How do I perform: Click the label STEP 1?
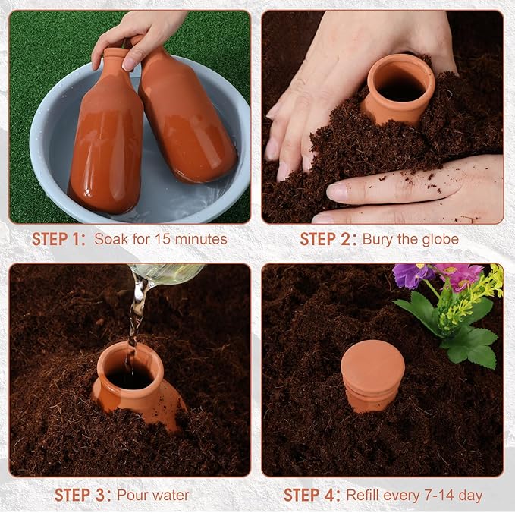tap(59, 239)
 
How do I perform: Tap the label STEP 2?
tap(327, 239)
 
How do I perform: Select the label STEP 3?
tap(82, 496)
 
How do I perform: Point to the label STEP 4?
tap(312, 496)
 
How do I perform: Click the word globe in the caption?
tap(439, 239)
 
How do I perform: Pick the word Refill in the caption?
tap(364, 496)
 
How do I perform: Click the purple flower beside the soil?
tap(413, 275)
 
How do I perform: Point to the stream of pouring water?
tap(137, 311)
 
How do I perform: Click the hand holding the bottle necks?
tap(140, 38)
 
